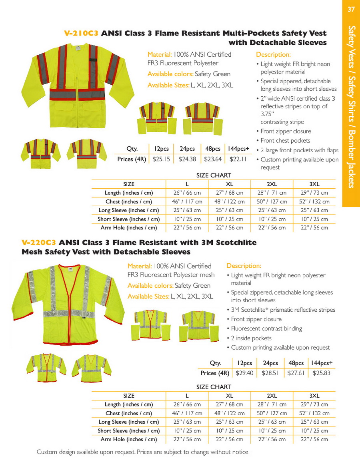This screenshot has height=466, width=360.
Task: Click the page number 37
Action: pyautogui.click(x=351, y=9)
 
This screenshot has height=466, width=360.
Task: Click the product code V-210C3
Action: pyautogui.click(x=81, y=34)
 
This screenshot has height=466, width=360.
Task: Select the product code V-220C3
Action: pyautogui.click(x=38, y=243)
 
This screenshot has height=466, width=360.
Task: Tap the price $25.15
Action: pyautogui.click(x=161, y=159)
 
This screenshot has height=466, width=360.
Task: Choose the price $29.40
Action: pyautogui.click(x=244, y=373)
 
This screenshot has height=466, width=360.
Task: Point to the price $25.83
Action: pyautogui.click(x=322, y=373)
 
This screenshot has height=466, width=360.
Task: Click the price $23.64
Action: pyautogui.click(x=212, y=159)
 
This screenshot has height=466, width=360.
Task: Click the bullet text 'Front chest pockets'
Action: pyautogui.click(x=285, y=141)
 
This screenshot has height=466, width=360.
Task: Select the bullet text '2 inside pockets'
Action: pyautogui.click(x=251, y=338)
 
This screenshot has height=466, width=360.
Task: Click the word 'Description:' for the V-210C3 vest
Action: pyautogui.click(x=273, y=55)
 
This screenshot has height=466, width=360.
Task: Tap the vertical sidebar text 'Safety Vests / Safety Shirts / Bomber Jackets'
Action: pyautogui.click(x=351, y=107)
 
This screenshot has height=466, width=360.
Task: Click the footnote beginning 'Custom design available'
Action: pyautogui.click(x=143, y=452)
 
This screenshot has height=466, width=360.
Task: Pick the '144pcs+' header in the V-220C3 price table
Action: pyautogui.click(x=322, y=363)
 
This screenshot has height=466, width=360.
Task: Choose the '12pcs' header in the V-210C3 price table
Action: pyautogui.click(x=161, y=149)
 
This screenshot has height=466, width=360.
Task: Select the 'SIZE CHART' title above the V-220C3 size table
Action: pyautogui.click(x=214, y=387)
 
